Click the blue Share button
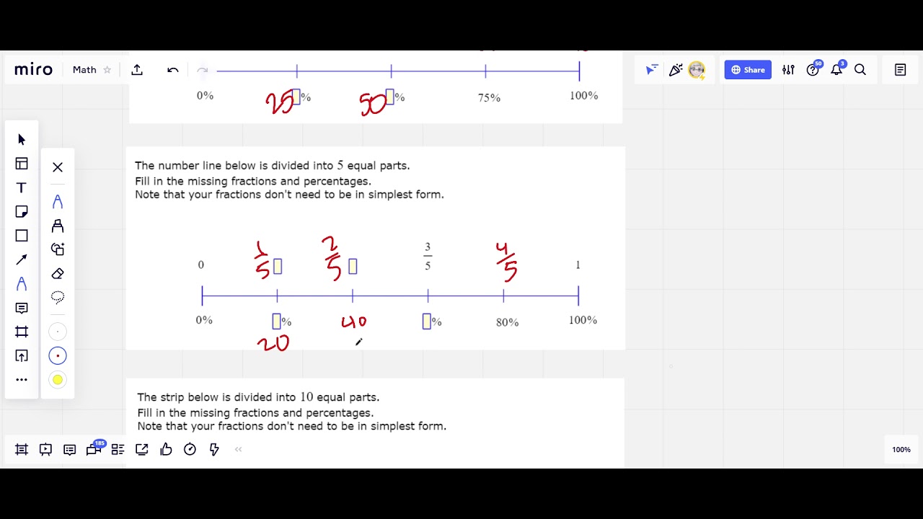(x=748, y=70)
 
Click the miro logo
(x=33, y=70)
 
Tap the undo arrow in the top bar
(x=173, y=70)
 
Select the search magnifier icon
(x=860, y=70)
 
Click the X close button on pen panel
(x=58, y=167)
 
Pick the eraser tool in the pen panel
(x=58, y=274)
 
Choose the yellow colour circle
(x=58, y=380)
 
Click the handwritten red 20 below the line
(x=273, y=344)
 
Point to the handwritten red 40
(x=354, y=322)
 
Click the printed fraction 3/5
(x=428, y=257)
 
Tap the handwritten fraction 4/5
(x=506, y=261)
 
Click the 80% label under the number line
(x=507, y=322)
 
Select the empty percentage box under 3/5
(x=426, y=321)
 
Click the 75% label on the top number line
(x=489, y=98)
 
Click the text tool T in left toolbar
(x=22, y=188)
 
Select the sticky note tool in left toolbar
(x=22, y=212)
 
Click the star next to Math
(x=107, y=70)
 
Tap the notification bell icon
(x=836, y=70)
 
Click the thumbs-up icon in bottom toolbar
(x=166, y=450)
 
